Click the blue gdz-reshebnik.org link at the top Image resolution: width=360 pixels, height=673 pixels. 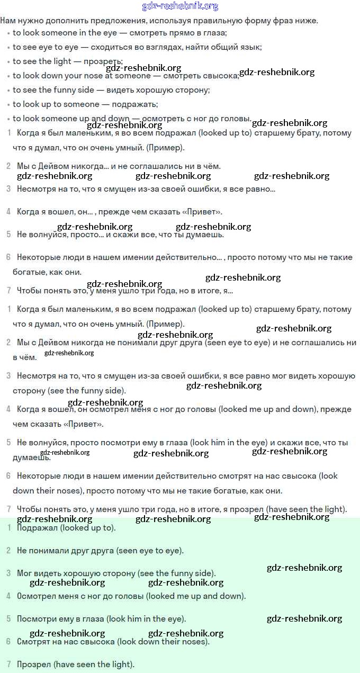(180, 6)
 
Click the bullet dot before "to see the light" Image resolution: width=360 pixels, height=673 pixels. (8, 62)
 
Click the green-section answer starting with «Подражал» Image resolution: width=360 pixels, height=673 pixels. (66, 528)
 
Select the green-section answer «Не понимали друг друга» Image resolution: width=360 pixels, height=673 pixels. (100, 551)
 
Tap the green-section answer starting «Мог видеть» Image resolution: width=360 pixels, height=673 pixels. (116, 573)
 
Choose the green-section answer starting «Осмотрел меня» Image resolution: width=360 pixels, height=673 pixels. (131, 596)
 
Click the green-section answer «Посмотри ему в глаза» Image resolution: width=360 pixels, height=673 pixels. (101, 619)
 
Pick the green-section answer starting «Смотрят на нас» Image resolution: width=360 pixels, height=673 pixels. (113, 642)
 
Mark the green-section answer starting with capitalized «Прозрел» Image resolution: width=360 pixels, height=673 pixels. (76, 665)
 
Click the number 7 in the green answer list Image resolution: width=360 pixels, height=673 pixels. (8, 665)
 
